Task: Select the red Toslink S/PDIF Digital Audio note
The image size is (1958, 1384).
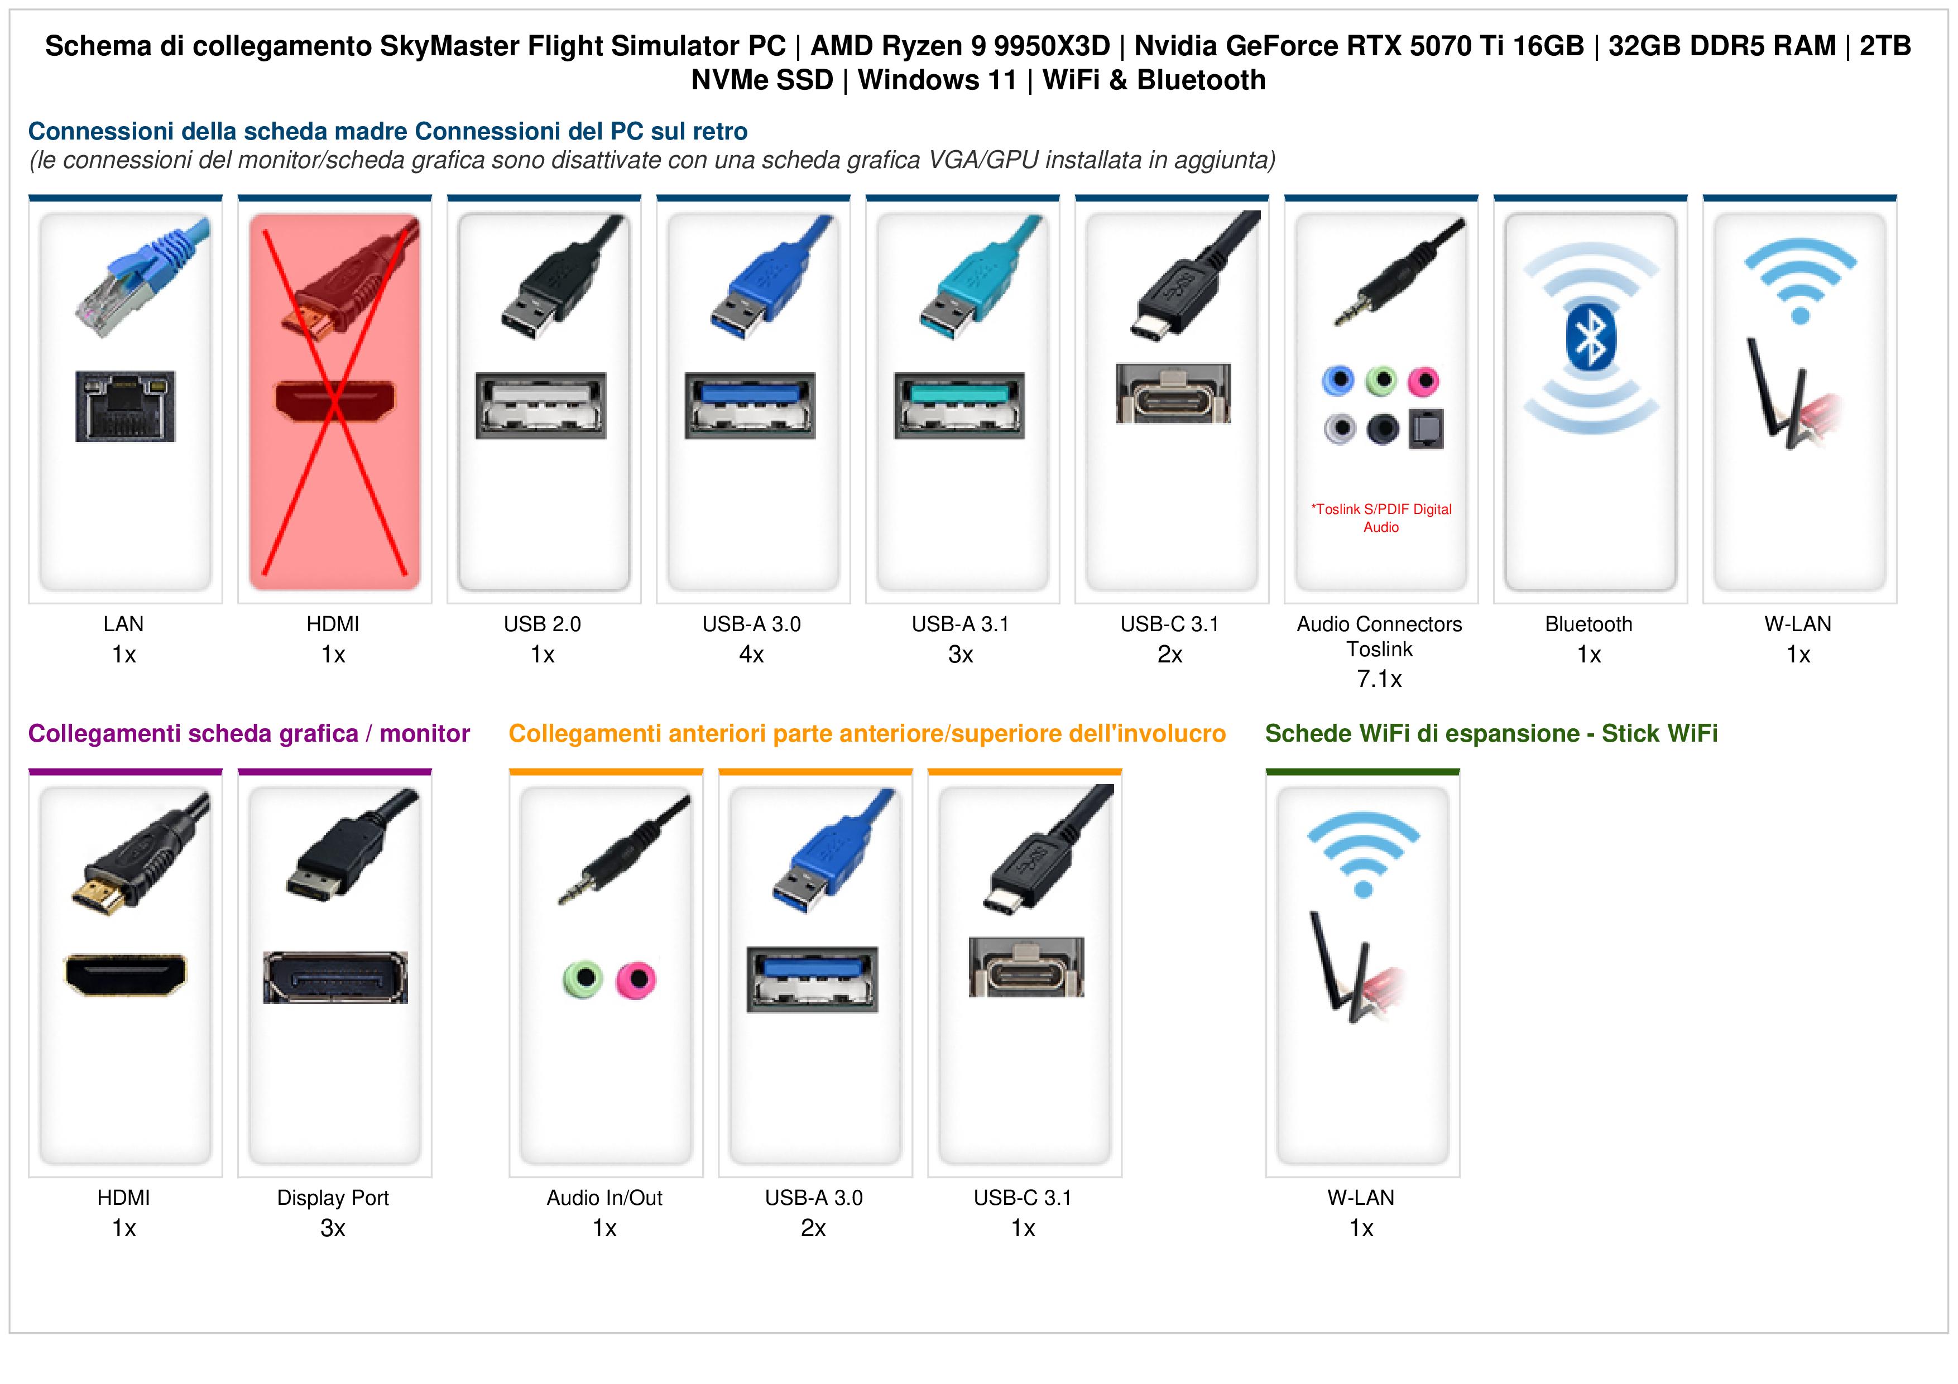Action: pyautogui.click(x=1381, y=518)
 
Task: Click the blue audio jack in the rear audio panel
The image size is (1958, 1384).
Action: pyautogui.click(x=1338, y=381)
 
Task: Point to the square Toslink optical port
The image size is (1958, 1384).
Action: pyautogui.click(x=1426, y=429)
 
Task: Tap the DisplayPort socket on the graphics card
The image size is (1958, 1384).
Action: pyautogui.click(x=335, y=977)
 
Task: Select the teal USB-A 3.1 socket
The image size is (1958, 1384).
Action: pyautogui.click(x=959, y=406)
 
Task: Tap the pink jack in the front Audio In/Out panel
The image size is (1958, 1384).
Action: pyautogui.click(x=636, y=980)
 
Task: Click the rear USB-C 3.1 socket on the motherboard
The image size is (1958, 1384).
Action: pyautogui.click(x=1173, y=394)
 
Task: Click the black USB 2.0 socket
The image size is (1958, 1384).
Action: pyautogui.click(x=541, y=406)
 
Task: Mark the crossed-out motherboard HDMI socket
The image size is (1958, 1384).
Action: pyautogui.click(x=335, y=401)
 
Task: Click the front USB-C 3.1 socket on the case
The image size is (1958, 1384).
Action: pyautogui.click(x=1027, y=967)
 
